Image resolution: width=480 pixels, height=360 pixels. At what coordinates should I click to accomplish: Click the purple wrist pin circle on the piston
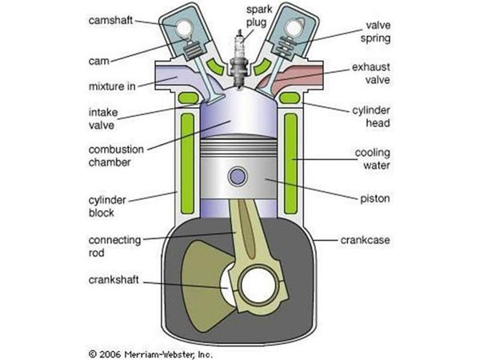point(238,177)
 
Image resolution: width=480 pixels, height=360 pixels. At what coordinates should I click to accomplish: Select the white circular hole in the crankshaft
point(261,286)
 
